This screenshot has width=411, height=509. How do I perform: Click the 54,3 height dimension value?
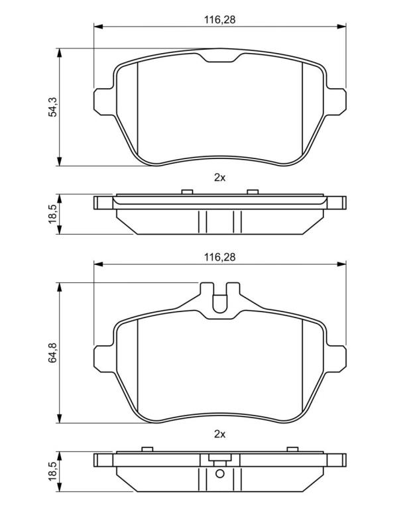52,107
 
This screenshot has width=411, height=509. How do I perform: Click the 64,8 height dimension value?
52,353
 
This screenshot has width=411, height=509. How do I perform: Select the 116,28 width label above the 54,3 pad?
220,20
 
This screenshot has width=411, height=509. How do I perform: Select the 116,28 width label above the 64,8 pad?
220,257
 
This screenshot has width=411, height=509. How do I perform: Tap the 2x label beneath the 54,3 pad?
220,178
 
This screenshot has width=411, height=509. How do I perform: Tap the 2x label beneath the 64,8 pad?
220,434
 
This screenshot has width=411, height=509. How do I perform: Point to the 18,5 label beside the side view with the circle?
52,472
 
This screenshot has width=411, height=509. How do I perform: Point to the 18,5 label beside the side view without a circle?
52,214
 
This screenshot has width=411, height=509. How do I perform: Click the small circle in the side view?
220,474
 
